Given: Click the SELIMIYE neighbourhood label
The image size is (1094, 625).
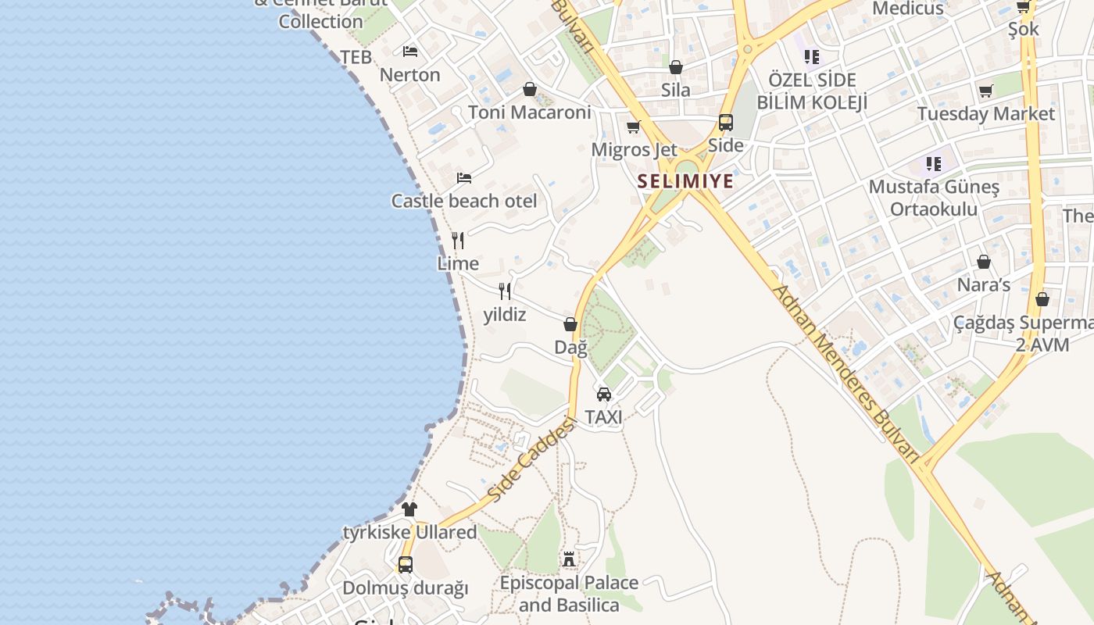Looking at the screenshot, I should pos(685,181).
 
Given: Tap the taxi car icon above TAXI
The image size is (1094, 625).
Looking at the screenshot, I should pos(604,395).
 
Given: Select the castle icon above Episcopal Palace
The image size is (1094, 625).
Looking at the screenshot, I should pos(569,559).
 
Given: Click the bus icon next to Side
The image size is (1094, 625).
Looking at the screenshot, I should pos(726,123).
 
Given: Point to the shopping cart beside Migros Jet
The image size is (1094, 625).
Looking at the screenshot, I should pos(633,127).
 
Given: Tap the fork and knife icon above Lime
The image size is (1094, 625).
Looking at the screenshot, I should pos(458,241).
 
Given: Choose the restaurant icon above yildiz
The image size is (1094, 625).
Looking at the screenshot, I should pos(505,291).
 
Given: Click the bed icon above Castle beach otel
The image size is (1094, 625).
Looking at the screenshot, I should pos(464,178).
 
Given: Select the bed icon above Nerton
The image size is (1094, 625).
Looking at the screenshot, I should pos(410,52).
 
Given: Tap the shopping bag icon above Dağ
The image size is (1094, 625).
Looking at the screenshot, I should pos(570,324).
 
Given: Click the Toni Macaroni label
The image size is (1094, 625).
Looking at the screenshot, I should pos(530,112).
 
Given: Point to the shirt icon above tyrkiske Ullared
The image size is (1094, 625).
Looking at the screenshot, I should pos(409,509).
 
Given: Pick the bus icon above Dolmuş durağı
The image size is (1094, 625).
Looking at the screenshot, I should pos(405,564).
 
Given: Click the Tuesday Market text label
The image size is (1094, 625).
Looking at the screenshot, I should pos(986,114).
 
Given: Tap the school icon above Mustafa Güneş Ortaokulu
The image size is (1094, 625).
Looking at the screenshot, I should pos(934,164).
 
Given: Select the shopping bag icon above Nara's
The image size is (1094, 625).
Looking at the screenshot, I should pos(983,262).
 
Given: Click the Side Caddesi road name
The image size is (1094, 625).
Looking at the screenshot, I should pos(531,459).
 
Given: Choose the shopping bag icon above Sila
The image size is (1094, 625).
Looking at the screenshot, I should pos(676,67).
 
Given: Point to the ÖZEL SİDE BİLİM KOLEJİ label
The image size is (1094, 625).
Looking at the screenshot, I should pos(813,91).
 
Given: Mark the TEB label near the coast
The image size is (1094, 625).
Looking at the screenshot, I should pos(356,57).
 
